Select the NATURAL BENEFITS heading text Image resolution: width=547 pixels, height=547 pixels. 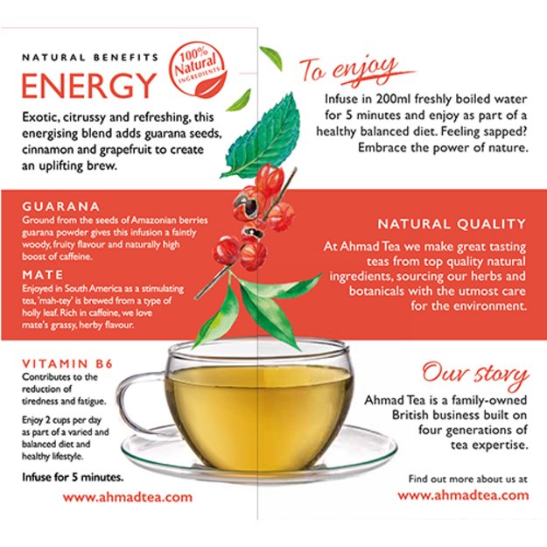pos(89,57)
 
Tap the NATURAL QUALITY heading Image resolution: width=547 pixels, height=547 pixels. pos(452,224)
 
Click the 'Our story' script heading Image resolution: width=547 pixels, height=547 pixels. pos(475,375)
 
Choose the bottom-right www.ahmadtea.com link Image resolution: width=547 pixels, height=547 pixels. pos(463,494)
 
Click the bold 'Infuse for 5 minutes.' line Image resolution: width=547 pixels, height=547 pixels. pos(73,478)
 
